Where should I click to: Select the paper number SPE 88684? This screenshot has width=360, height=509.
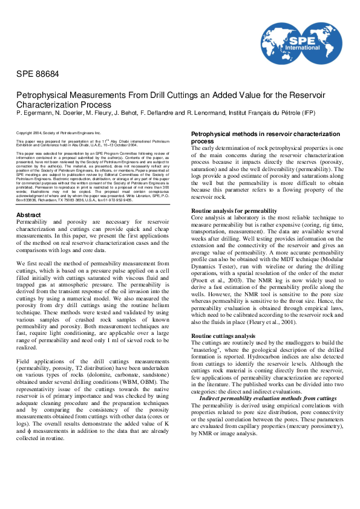click(38, 74)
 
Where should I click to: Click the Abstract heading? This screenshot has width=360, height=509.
click(28, 215)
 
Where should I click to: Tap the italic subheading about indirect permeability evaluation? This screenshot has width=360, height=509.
click(267, 398)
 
